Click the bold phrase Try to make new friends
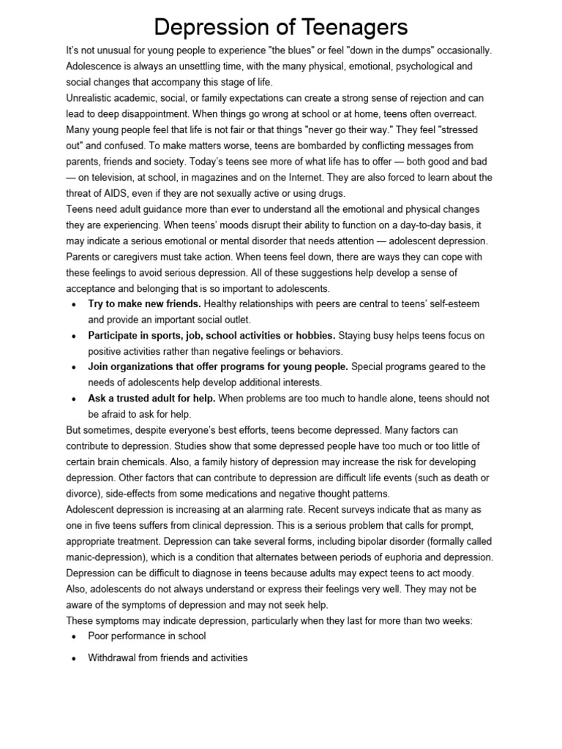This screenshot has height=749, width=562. coord(145,304)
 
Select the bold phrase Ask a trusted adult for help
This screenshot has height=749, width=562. coord(151,399)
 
